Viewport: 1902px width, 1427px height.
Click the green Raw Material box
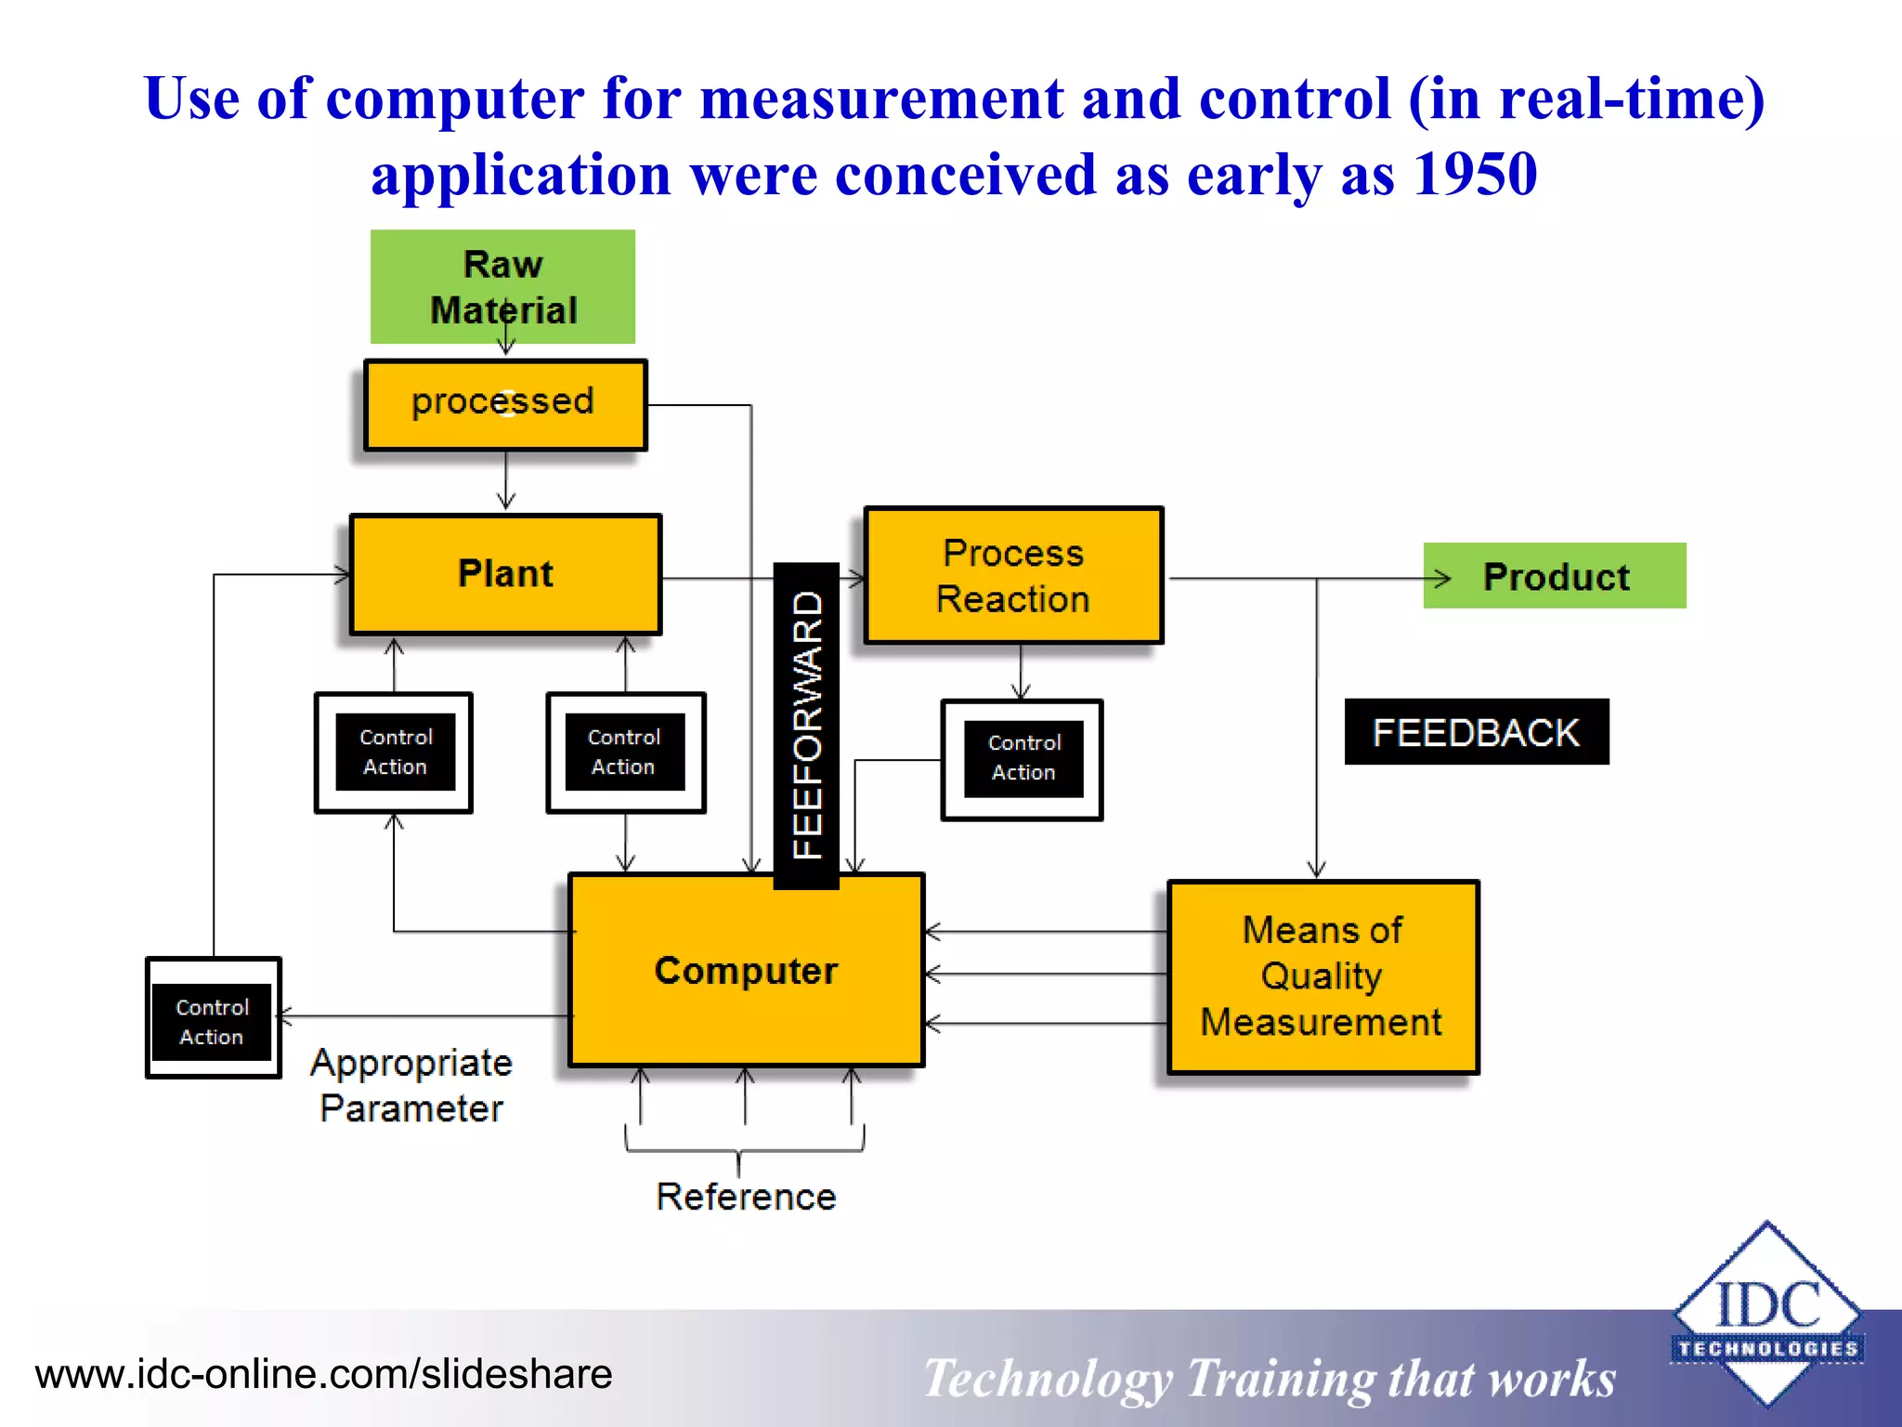[502, 286]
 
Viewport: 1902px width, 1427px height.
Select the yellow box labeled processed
[504, 404]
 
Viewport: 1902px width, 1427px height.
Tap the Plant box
[505, 574]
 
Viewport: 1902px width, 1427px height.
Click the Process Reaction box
[1012, 576]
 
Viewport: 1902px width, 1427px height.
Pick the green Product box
[1556, 576]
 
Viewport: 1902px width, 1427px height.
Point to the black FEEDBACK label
[1476, 732]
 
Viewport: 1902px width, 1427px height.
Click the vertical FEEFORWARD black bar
[806, 726]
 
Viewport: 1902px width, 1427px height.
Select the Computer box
[746, 970]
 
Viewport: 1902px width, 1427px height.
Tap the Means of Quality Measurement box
[1322, 976]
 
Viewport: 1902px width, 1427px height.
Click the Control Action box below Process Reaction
[1023, 759]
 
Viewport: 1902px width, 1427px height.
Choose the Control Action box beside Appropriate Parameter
[213, 1019]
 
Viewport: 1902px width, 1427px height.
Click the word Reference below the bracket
[746, 1197]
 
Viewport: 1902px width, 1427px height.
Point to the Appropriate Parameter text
[411, 1085]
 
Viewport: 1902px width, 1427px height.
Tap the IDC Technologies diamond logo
[1766, 1314]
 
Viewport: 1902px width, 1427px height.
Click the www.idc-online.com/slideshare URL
[323, 1374]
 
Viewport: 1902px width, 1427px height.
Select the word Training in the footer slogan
[1280, 1379]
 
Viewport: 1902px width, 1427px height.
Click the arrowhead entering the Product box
[1440, 579]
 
